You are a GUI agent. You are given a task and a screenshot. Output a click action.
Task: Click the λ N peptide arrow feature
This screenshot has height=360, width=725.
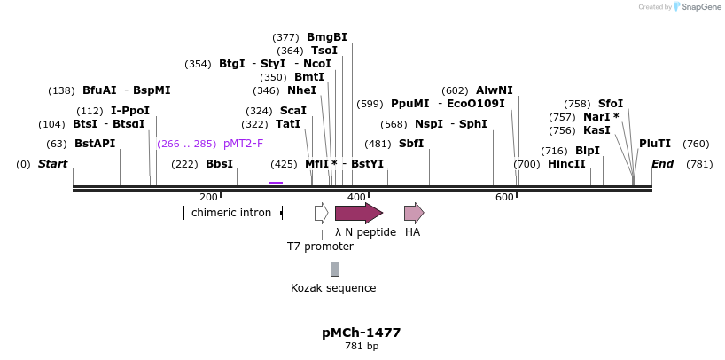coord(358,213)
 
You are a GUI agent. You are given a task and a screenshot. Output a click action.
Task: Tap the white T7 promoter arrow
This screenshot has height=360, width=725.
coord(321,213)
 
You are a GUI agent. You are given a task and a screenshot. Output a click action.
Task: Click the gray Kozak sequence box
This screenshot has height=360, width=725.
coord(334,269)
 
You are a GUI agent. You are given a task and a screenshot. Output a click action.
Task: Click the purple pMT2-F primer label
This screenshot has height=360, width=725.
coord(243,144)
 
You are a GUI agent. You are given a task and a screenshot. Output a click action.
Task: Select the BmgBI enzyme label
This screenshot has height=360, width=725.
coord(326,37)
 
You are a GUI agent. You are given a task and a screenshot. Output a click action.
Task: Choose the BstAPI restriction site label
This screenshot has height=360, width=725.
coord(94,144)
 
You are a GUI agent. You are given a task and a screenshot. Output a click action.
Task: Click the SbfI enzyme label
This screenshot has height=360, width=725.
coord(411,144)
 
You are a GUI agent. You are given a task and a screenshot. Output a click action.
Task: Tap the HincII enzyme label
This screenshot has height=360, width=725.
coord(566,164)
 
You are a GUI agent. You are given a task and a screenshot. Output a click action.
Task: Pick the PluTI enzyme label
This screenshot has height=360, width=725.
coord(655,144)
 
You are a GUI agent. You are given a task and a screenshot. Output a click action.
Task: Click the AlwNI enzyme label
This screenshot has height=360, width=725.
coord(494,90)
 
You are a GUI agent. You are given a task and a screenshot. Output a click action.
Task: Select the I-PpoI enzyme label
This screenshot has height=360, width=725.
coord(130,111)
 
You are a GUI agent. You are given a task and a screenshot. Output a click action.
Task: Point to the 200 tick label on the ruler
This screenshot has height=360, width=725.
coord(208,197)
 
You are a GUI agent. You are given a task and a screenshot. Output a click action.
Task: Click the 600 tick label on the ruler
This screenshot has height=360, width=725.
coord(504,197)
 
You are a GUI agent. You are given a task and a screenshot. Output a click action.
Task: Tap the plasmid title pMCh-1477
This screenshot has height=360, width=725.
coord(362,333)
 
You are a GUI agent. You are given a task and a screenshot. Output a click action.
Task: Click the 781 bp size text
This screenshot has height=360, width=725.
coord(362,347)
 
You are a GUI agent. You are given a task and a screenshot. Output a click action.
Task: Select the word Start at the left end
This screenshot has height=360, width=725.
coord(52,164)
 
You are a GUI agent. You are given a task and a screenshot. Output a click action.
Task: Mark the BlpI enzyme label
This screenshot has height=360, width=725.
coord(588,151)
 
